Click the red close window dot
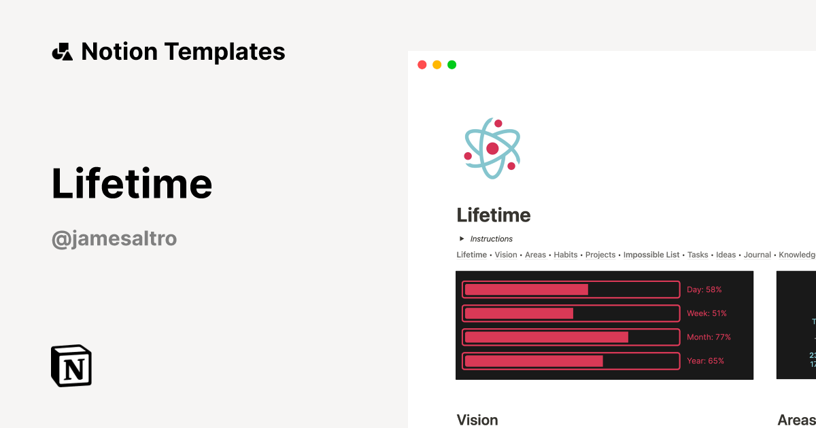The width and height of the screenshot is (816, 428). (x=422, y=65)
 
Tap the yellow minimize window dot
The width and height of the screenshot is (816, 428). (x=437, y=65)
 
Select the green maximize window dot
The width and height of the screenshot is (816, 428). (x=452, y=65)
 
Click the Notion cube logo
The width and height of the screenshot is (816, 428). (x=71, y=365)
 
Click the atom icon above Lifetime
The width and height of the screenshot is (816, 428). (x=492, y=148)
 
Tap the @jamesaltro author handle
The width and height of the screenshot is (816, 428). (x=114, y=238)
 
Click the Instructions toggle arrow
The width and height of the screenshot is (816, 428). (x=462, y=238)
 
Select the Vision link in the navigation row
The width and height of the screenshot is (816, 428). (x=506, y=255)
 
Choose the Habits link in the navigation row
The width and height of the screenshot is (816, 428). (x=566, y=255)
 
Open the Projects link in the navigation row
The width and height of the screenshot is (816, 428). (x=600, y=255)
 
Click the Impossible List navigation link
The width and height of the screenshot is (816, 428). (x=651, y=255)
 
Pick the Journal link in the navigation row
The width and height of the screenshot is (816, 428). (x=758, y=255)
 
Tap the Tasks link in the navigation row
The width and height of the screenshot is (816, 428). (x=698, y=255)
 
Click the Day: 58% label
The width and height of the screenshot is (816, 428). (x=704, y=289)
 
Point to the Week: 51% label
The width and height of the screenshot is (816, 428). (x=707, y=313)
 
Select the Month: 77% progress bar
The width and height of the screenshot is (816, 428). (x=571, y=337)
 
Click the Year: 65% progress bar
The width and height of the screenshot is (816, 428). (x=571, y=361)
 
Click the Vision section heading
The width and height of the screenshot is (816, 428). (x=477, y=419)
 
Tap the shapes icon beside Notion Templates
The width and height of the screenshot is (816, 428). (x=62, y=52)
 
